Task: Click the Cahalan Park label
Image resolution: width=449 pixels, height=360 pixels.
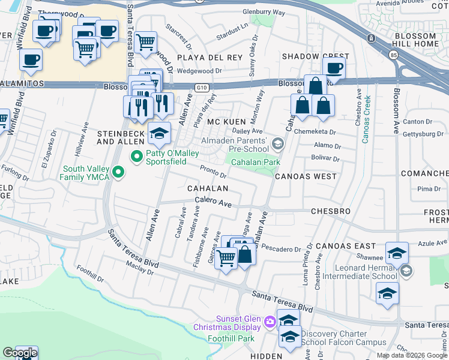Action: [256, 162]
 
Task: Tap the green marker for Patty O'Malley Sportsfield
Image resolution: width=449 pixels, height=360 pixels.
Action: [137, 158]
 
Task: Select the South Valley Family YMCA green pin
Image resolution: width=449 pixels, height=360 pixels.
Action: [118, 173]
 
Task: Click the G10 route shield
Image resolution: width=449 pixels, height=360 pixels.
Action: [201, 88]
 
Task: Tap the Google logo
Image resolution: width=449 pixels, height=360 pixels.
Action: [20, 352]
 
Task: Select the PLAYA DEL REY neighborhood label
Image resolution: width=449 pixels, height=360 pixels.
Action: [209, 58]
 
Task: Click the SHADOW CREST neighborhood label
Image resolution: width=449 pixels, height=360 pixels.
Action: [307, 56]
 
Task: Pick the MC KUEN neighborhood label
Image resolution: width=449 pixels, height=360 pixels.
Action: [226, 122]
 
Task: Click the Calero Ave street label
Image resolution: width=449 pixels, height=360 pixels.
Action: [213, 203]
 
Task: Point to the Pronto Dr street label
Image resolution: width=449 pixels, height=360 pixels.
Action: [213, 172]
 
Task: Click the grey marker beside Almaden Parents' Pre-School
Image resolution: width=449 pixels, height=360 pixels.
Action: [277, 143]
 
